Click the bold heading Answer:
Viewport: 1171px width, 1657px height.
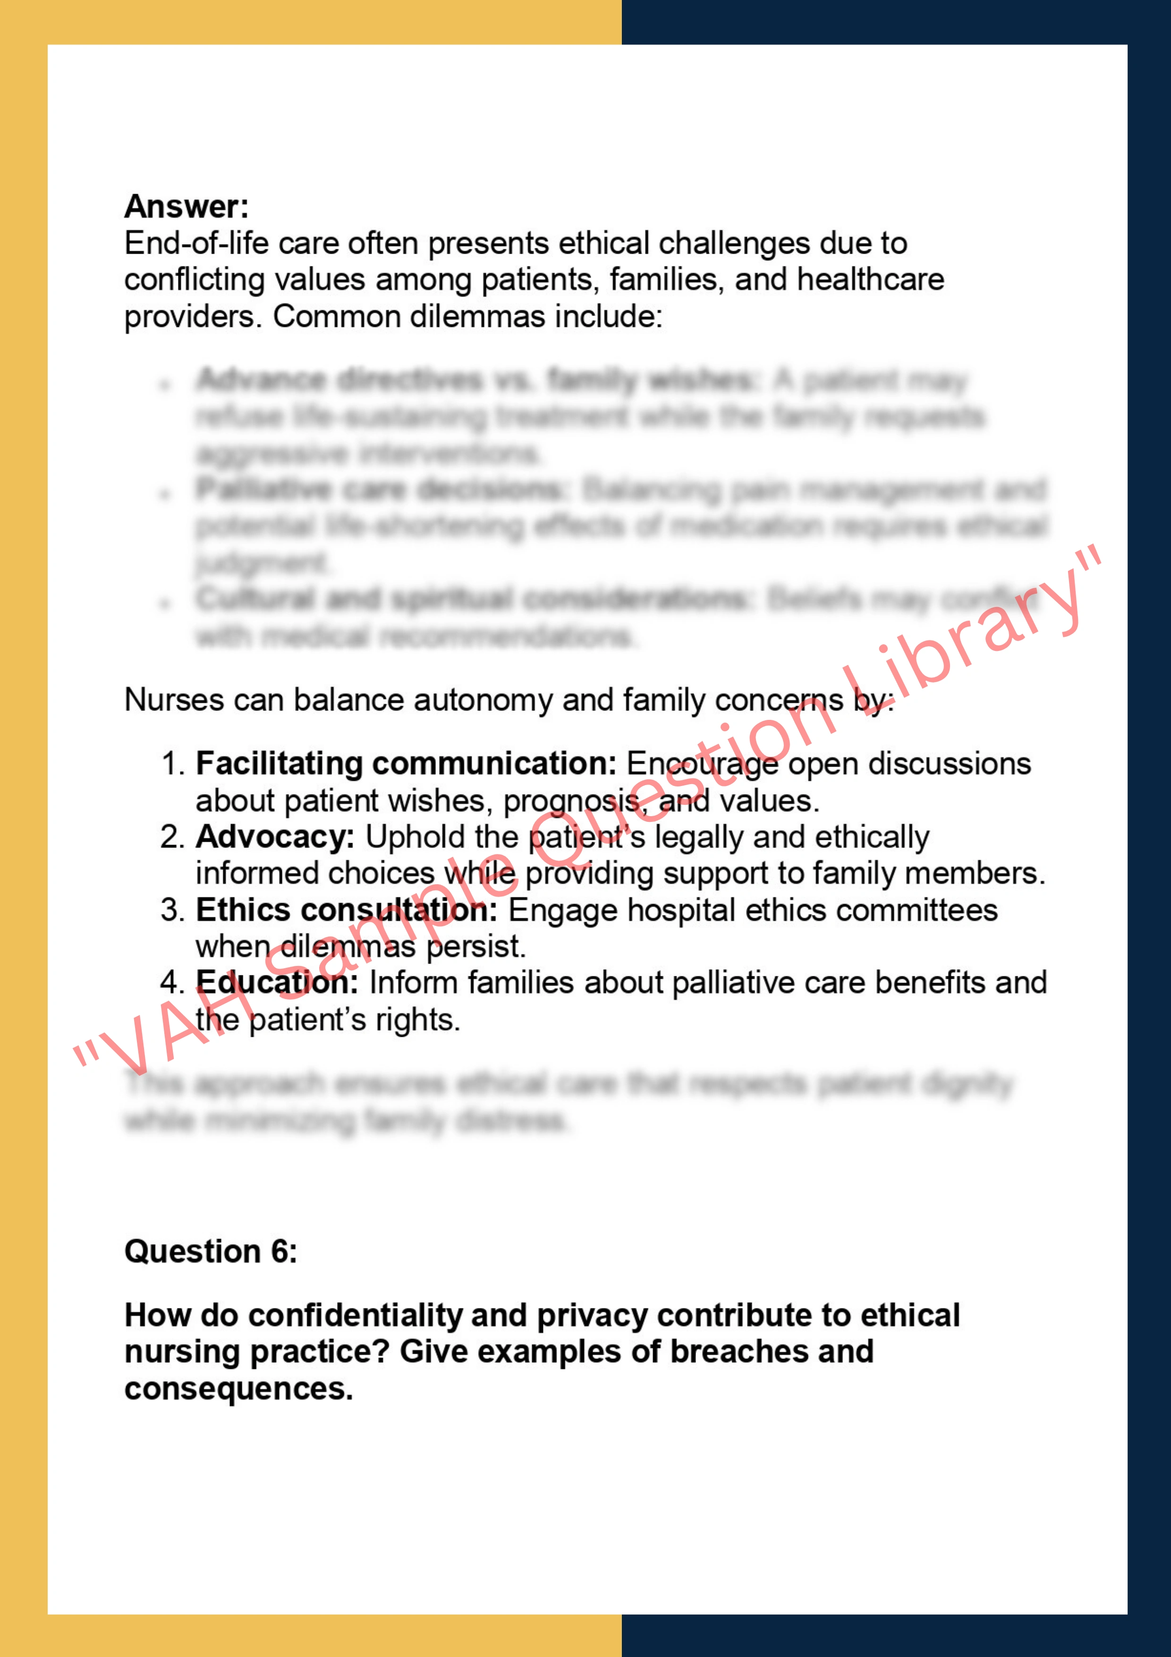tap(186, 206)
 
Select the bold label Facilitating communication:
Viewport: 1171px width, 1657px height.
tap(406, 763)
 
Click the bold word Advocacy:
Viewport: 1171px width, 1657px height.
tap(275, 837)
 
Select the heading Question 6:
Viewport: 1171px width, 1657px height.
tap(211, 1251)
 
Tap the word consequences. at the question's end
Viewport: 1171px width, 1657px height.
tap(239, 1389)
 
